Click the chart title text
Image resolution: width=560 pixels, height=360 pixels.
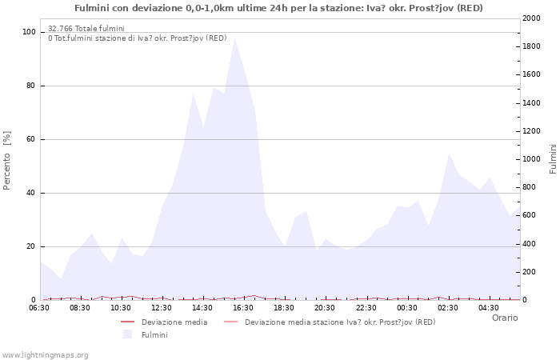click(278, 8)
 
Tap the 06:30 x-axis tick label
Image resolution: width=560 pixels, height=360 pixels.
click(39, 307)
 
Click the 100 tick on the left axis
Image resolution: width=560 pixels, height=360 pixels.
click(30, 32)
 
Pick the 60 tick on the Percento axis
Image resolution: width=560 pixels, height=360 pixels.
click(31, 139)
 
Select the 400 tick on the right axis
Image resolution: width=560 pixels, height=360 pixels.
click(530, 244)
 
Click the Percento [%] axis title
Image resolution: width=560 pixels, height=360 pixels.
click(8, 160)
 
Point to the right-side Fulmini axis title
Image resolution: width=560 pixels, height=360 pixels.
click(553, 159)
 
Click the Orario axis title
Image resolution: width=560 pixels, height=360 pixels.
click(504, 318)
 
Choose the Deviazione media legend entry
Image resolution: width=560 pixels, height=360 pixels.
click(174, 322)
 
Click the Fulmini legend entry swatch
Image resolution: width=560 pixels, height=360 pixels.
click(127, 334)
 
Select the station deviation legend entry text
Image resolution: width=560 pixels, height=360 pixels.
click(340, 322)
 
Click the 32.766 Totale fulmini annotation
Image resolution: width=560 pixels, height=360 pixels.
click(86, 29)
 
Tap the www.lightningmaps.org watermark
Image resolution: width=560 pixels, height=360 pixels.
click(45, 354)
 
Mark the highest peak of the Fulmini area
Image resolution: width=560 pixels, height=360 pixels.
click(234, 38)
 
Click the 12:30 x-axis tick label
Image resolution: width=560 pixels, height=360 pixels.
click(162, 307)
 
